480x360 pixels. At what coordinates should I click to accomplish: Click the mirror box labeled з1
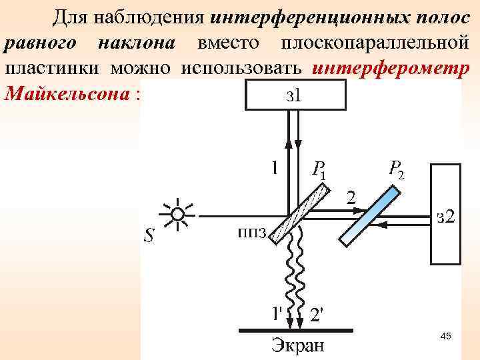(296, 94)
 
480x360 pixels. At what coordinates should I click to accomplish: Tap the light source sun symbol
(177, 215)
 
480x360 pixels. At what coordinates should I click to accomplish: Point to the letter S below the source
(149, 236)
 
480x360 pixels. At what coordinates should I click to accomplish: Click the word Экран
(297, 346)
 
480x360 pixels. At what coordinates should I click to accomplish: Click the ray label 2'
(319, 313)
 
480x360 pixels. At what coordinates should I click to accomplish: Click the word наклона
(135, 42)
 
